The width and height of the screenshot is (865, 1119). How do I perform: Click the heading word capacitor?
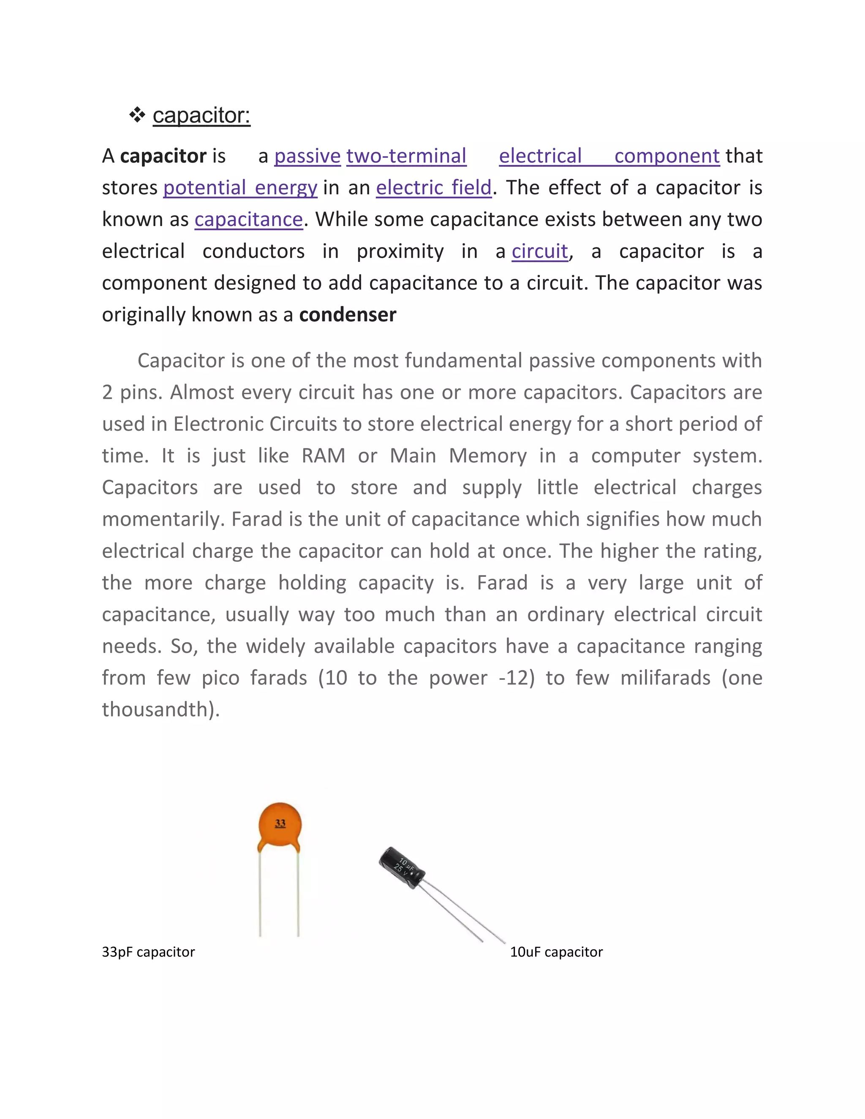[x=201, y=115]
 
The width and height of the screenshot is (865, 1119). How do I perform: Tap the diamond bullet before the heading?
[x=137, y=115]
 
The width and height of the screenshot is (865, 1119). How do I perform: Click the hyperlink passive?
[x=307, y=156]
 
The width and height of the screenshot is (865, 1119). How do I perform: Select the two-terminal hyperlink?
[x=406, y=156]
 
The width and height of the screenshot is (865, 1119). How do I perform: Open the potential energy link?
[x=240, y=187]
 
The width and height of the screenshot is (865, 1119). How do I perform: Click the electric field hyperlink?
[x=433, y=187]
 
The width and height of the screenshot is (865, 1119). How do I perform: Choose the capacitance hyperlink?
[x=248, y=219]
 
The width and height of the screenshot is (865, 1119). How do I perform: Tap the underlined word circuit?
[x=540, y=251]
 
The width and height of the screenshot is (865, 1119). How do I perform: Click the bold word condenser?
[x=348, y=315]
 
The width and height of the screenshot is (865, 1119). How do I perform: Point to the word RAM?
[x=324, y=456]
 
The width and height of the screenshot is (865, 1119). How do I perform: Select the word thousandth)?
[x=161, y=710]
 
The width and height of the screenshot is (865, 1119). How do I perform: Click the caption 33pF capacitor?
[x=148, y=952]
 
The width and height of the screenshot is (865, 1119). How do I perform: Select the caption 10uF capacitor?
[x=556, y=952]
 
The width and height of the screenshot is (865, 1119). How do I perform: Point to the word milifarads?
[x=665, y=678]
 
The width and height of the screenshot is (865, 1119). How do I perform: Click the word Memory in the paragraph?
[x=487, y=456]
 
